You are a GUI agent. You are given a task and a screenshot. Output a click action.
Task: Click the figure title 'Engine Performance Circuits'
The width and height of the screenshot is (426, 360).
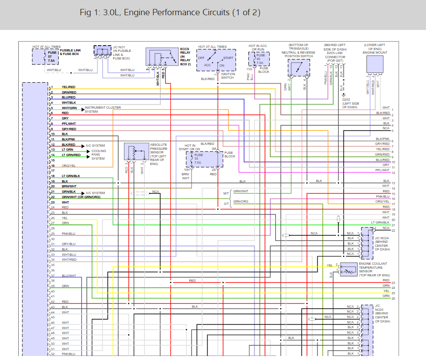[170, 13]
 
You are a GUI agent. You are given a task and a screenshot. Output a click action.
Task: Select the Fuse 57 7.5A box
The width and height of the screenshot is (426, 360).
[45, 57]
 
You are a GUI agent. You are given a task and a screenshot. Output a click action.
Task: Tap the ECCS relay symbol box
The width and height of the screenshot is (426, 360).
[162, 58]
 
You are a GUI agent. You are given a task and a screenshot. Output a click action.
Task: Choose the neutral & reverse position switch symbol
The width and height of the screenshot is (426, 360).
[298, 68]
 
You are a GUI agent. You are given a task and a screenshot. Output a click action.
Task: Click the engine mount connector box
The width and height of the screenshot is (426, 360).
[375, 64]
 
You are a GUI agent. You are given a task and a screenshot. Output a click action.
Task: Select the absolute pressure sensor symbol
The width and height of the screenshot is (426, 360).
[136, 152]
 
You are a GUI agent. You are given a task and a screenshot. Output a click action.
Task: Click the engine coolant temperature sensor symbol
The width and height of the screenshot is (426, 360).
[349, 270]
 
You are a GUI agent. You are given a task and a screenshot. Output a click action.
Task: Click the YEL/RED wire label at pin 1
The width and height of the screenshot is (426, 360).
[68, 87]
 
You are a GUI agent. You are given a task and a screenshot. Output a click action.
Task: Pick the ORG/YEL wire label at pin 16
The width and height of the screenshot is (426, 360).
[68, 166]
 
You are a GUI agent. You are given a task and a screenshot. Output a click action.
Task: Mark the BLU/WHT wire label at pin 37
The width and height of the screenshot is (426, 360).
[69, 275]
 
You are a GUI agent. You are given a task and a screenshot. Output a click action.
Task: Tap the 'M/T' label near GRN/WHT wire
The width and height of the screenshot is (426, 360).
[226, 194]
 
